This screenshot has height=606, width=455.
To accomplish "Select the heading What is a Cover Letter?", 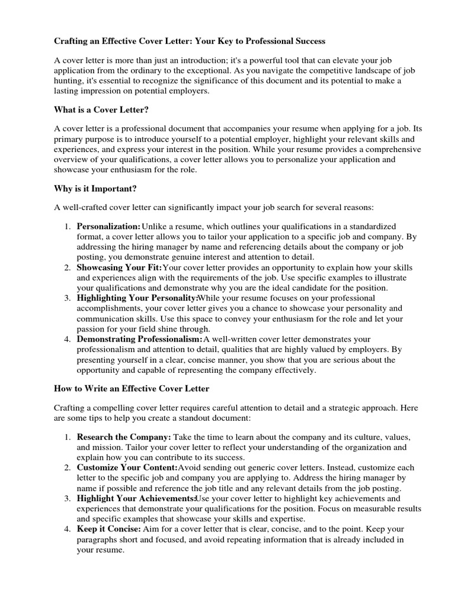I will click(101, 109).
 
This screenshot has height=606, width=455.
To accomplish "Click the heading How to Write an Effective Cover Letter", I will click(132, 389).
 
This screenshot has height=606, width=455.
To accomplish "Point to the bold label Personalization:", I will click(108, 227).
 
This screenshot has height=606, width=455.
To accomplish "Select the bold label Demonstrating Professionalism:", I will click(140, 339).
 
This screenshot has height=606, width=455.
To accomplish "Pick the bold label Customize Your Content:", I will click(123, 468).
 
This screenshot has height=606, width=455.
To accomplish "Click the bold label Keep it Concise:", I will click(108, 529).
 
